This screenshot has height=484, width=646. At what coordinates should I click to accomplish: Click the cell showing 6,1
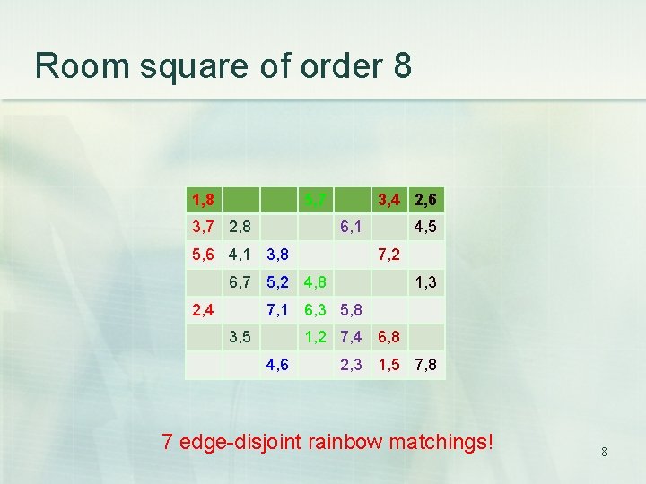[x=352, y=228]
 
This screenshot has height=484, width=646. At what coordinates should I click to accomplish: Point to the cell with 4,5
[x=426, y=228]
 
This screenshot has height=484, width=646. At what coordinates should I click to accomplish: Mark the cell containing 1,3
[x=426, y=283]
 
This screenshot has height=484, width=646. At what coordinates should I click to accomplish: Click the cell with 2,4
[x=205, y=311]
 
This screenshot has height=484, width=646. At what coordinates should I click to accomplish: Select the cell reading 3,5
[x=240, y=339]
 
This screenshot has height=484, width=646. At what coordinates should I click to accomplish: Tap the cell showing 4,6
[x=277, y=367]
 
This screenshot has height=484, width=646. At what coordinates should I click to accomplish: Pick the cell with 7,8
[x=426, y=367]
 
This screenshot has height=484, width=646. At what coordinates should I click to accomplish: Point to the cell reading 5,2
[x=277, y=283]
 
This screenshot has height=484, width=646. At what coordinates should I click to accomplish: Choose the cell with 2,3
[x=352, y=367]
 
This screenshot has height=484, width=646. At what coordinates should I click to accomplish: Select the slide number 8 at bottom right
[x=604, y=453]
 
